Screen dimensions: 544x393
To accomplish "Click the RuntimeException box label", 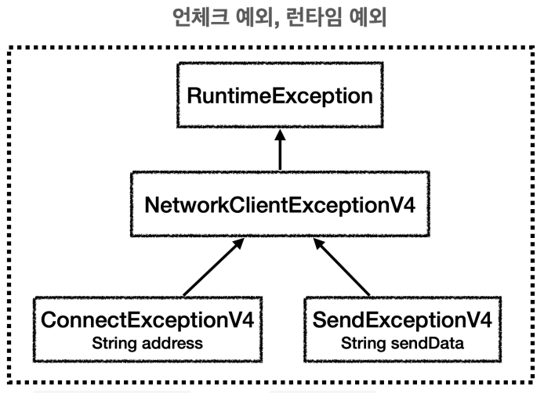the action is pyautogui.click(x=280, y=96).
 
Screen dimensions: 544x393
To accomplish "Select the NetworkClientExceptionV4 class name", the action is pyautogui.click(x=280, y=205).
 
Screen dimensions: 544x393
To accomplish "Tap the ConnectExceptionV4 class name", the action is pyautogui.click(x=147, y=319).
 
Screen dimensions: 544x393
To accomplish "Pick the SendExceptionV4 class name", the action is pyautogui.click(x=402, y=319).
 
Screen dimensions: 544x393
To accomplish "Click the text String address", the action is pyautogui.click(x=147, y=344).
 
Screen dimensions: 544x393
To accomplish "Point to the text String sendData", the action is pyautogui.click(x=402, y=344).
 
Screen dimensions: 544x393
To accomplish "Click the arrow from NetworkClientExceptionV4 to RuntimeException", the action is pyautogui.click(x=280, y=150).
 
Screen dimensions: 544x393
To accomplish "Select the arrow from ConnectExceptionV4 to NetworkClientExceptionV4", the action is pyautogui.click(x=214, y=267).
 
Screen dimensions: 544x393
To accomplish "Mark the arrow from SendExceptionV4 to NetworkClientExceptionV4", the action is pyautogui.click(x=342, y=267).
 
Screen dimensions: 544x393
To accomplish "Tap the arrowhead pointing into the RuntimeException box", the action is pyautogui.click(x=280, y=135).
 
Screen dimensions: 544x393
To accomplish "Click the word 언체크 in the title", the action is pyautogui.click(x=201, y=17).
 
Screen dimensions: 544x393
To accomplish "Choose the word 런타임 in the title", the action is pyautogui.click(x=314, y=17).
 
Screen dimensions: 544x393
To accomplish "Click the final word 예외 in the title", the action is pyautogui.click(x=368, y=17).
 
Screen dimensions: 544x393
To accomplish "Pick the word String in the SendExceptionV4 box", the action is pyautogui.click(x=364, y=344).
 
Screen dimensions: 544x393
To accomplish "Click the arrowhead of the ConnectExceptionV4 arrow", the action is pyautogui.click(x=239, y=243).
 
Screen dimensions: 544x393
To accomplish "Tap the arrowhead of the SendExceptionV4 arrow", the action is pyautogui.click(x=319, y=243).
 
